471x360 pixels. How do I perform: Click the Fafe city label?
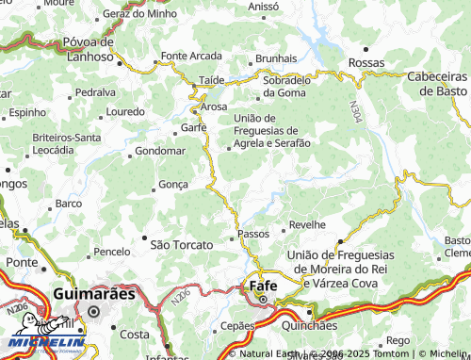[264, 285]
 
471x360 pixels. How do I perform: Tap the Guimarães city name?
[94, 293]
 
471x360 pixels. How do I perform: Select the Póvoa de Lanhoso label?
[89, 49]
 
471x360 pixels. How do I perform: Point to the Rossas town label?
[366, 62]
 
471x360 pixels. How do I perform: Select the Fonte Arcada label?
[191, 56]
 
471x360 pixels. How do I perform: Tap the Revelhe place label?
[307, 225]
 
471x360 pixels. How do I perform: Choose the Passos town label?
[254, 233]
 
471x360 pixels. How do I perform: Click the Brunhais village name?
[276, 58]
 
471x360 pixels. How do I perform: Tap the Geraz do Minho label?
[140, 14]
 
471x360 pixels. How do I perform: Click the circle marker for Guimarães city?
[93, 310]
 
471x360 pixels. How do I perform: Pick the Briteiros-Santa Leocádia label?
[66, 143]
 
